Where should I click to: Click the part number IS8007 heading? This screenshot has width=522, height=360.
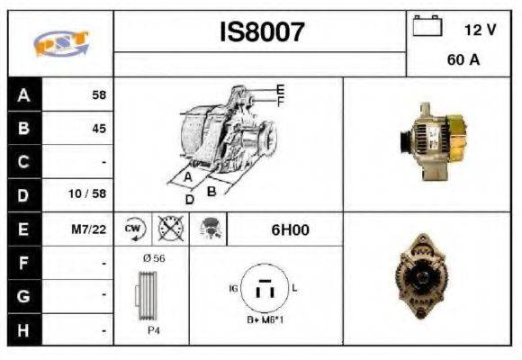[x=262, y=32]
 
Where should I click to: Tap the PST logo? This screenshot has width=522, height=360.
[x=61, y=43]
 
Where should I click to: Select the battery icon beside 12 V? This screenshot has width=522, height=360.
[x=427, y=25]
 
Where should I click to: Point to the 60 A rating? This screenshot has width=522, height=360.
[x=463, y=59]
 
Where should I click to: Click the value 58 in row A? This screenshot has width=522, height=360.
[x=99, y=94]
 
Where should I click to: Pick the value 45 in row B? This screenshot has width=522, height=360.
[x=99, y=128]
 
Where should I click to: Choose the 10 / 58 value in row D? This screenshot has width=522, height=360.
[x=87, y=193]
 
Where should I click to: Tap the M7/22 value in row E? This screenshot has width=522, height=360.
[x=89, y=229]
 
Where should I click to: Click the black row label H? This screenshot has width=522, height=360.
[x=24, y=330]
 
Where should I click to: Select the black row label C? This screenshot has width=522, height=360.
[x=24, y=162]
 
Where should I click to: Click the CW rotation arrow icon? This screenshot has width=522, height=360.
[x=134, y=229]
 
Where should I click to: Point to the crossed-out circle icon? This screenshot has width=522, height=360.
[x=171, y=229]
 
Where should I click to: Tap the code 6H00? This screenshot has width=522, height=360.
[x=291, y=229]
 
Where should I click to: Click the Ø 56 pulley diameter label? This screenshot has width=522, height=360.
[x=154, y=258]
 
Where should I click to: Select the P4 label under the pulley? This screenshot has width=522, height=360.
[x=154, y=330]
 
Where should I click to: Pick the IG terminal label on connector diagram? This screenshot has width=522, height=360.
[x=233, y=288]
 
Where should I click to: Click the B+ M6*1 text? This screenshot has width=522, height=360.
[x=265, y=319]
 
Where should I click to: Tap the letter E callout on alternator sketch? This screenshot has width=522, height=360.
[x=280, y=90]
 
